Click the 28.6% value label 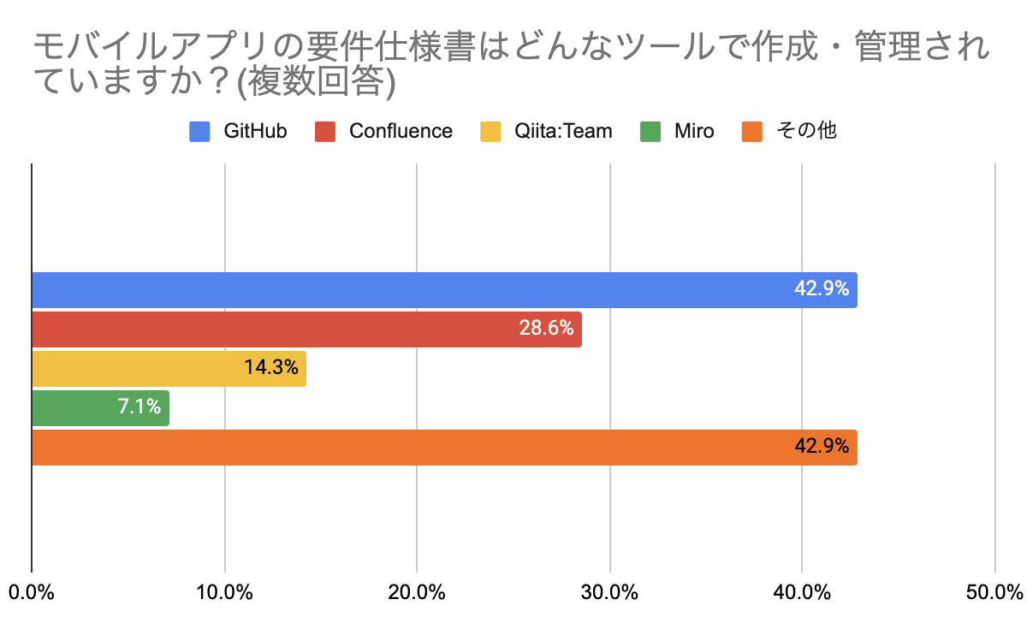[545, 328]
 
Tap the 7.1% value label [140, 407]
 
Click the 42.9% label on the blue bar [821, 288]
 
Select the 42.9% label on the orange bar [821, 446]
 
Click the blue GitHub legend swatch [199, 132]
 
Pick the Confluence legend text [401, 131]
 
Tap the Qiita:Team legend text [563, 131]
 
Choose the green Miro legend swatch [650, 132]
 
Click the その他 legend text [805, 131]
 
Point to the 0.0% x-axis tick [32, 591]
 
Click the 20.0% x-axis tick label [417, 591]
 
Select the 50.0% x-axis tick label [995, 591]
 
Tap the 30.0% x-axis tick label [609, 591]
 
